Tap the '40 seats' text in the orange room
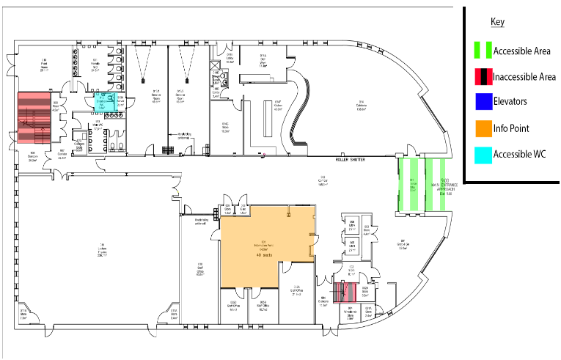tap(263, 254)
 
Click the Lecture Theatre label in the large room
tap(103, 247)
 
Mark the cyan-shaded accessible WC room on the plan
tap(100, 102)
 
